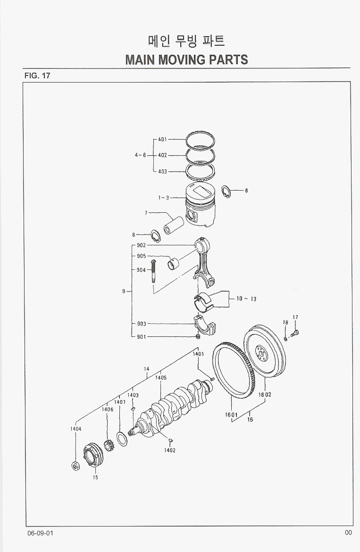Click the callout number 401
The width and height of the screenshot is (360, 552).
coord(162,140)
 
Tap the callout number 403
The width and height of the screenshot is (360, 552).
coord(162,171)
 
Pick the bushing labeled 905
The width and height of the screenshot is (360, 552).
coord(174,262)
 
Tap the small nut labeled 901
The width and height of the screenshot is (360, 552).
coord(199,336)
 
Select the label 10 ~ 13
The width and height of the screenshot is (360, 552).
coord(246,299)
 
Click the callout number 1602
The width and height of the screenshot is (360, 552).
coord(265,394)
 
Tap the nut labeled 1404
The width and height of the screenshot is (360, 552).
coord(75,466)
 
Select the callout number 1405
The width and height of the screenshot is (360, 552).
coord(161,377)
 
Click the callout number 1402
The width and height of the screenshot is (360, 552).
coord(170,450)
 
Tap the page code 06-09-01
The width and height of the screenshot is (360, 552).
coord(40,533)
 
